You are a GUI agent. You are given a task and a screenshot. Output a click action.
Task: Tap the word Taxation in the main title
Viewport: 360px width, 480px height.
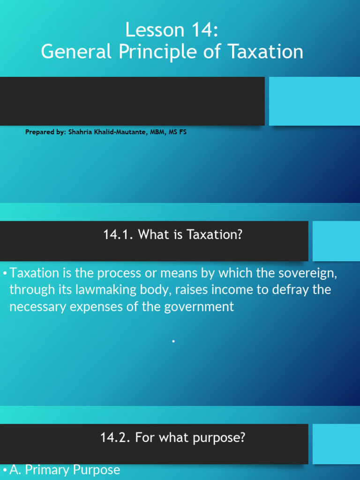coord(266,52)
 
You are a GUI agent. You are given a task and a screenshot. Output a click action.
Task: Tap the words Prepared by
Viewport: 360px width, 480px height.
coord(45,132)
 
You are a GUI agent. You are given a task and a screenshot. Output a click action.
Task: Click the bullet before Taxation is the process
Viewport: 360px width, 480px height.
coord(5,273)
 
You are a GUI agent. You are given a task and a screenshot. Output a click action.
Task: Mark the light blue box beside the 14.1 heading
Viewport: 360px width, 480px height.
coord(336,241)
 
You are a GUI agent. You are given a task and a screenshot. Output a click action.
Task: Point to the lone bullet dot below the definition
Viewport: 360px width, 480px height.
coord(173,342)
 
